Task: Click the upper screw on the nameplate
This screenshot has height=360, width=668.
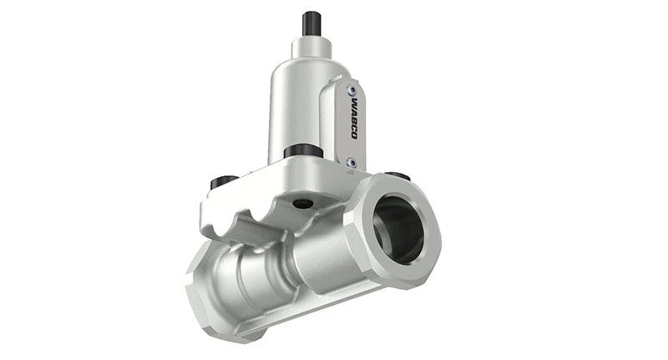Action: (353, 89)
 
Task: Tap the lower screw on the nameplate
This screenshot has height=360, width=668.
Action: (352, 162)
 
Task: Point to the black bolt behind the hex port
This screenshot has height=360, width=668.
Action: (399, 176)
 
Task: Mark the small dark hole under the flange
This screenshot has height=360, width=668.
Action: (303, 204)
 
